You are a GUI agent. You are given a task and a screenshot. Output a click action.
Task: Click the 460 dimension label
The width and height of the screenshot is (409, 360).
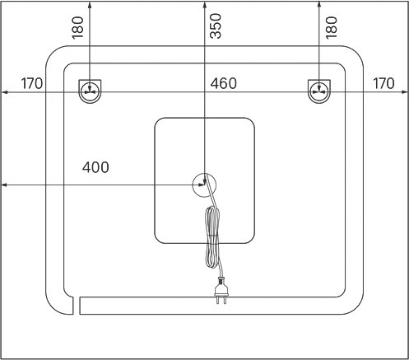coord(223,83)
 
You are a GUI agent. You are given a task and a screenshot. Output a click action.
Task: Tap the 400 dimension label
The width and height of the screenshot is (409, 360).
coord(95,167)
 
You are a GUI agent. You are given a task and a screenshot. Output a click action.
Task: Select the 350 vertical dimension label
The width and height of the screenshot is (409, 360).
coord(216,26)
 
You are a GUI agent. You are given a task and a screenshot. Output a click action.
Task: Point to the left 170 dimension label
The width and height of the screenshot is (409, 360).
coord(32,83)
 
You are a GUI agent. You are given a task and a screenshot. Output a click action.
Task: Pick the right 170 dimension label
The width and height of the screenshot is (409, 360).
coord(383,83)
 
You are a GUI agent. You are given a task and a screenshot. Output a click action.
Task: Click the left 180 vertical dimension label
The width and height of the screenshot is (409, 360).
coord(77,28)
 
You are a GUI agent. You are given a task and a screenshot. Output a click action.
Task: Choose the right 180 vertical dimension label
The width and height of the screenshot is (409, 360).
coord(331,28)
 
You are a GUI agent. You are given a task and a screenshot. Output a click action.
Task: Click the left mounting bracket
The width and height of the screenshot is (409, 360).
coord(90,91)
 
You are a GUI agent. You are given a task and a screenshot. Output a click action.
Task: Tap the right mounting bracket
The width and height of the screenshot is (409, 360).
coord(319,91)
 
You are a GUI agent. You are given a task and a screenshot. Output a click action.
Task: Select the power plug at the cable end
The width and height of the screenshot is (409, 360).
coord(221,291)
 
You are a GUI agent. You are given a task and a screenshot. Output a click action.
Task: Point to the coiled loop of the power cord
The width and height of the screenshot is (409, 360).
coord(212,236)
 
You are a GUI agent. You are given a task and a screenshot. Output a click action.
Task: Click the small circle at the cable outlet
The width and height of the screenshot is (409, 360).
coord(204,185)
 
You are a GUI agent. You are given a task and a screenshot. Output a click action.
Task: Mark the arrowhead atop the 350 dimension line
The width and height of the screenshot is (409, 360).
coord(204,4)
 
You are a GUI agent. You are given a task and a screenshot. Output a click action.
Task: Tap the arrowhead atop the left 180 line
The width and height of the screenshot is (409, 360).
coord(90,4)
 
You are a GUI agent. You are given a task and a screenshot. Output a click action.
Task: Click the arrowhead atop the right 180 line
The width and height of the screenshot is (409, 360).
coord(318,4)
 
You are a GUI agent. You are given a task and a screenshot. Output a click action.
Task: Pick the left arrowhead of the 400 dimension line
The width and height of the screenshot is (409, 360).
coord(4,185)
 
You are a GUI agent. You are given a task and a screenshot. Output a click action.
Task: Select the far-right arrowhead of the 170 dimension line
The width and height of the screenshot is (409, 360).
coord(405,92)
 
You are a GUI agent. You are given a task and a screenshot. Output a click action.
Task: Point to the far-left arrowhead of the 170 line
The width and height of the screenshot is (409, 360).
coord(4,92)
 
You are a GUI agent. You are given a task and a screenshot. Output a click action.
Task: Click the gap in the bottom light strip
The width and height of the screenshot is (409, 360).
coord(77,306)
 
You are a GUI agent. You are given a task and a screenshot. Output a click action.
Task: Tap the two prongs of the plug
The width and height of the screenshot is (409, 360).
coord(221,300)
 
